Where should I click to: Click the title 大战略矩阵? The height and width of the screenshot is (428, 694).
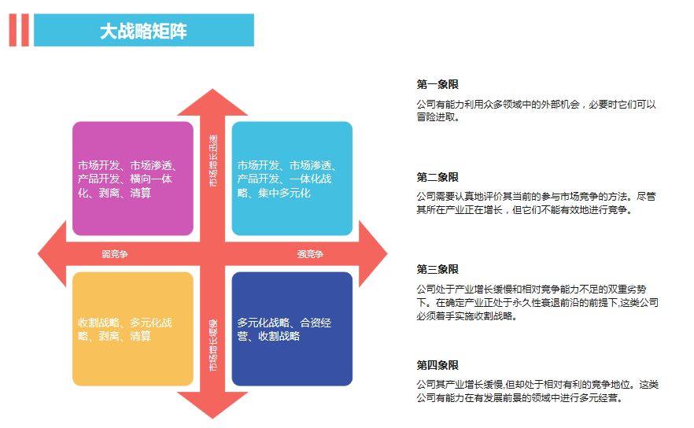click(x=143, y=31)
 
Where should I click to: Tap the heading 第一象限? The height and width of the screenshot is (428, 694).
click(x=437, y=85)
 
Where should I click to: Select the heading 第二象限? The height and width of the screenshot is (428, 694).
click(x=437, y=177)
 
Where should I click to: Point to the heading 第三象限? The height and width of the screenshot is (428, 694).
click(x=437, y=269)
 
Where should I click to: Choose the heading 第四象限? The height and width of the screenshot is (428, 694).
click(x=437, y=365)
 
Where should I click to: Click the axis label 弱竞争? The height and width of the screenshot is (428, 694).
click(x=115, y=254)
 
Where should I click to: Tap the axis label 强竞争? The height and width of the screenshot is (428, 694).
click(x=310, y=254)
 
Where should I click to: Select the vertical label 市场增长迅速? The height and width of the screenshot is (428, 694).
click(x=213, y=161)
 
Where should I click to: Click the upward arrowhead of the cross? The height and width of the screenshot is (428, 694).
click(x=212, y=102)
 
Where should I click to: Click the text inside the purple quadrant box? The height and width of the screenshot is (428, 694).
click(x=130, y=179)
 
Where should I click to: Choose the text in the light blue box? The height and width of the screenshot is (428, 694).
click(x=286, y=179)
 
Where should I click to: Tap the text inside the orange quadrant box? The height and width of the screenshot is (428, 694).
click(x=124, y=330)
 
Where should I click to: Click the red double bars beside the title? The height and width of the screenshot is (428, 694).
click(x=19, y=31)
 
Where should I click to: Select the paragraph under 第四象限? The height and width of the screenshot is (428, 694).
click(x=537, y=392)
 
